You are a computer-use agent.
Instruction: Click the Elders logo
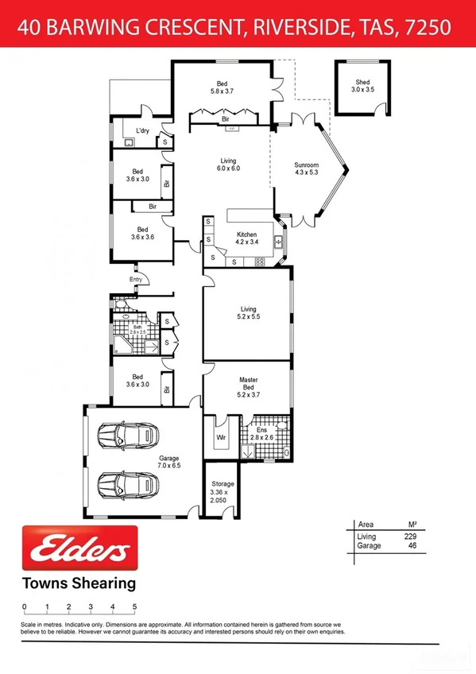pos(79,548)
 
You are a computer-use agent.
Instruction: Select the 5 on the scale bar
pos(134,607)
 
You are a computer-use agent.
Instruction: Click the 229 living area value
pos(410,537)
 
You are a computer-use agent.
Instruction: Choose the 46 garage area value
pos(412,547)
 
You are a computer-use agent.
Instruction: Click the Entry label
pos(136,279)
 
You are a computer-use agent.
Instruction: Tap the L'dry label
pos(143,130)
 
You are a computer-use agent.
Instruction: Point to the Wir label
pos(221,436)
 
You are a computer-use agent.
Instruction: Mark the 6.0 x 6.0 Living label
pos(228,165)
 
